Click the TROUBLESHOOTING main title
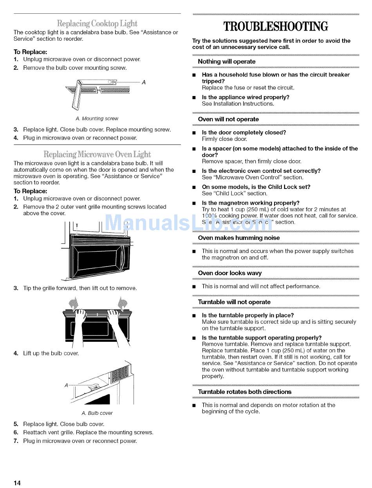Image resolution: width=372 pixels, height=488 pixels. pyautogui.click(x=275, y=27)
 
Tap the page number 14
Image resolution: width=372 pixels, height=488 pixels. pyautogui.click(x=17, y=483)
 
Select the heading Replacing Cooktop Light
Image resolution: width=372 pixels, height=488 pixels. pyautogui.click(x=97, y=23)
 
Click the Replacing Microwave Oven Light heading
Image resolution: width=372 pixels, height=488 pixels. pyautogui.click(x=97, y=154)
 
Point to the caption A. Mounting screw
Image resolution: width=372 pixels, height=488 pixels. pyautogui.click(x=97, y=118)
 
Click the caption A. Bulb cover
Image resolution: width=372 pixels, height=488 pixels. pyautogui.click(x=97, y=413)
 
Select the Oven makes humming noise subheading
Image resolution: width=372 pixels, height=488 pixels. pyautogui.click(x=239, y=238)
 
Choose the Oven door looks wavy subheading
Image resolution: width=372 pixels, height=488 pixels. pyautogui.click(x=230, y=273)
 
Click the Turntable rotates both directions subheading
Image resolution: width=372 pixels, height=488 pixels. pyautogui.click(x=245, y=392)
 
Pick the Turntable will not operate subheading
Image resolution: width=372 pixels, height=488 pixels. pyautogui.click(x=234, y=302)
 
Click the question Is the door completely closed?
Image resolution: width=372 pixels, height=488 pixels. pyautogui.click(x=244, y=132)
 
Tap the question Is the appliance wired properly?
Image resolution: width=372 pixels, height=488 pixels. pyautogui.click(x=246, y=97)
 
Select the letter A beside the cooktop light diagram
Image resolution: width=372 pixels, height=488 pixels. pyautogui.click(x=144, y=82)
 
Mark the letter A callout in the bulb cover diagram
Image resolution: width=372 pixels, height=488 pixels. pyautogui.click(x=66, y=385)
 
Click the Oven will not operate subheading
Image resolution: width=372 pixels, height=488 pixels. pyautogui.click(x=228, y=119)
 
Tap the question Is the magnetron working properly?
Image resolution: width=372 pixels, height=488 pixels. pyautogui.click(x=251, y=203)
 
